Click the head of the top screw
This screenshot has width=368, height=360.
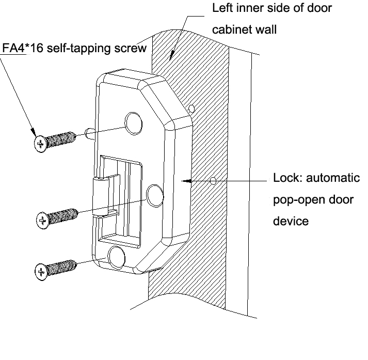tap(40, 142)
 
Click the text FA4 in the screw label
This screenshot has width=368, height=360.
tap(13, 48)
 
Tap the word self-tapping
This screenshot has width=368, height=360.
tap(78, 48)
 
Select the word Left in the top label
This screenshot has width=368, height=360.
tap(223, 9)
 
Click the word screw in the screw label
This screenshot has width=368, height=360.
tap(134, 48)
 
